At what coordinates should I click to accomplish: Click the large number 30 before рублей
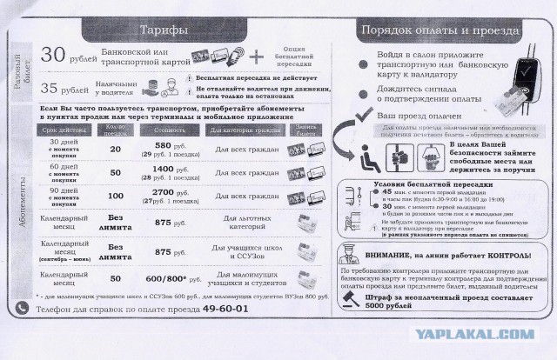pos(55,54)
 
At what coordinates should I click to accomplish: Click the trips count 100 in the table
pos(115,197)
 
